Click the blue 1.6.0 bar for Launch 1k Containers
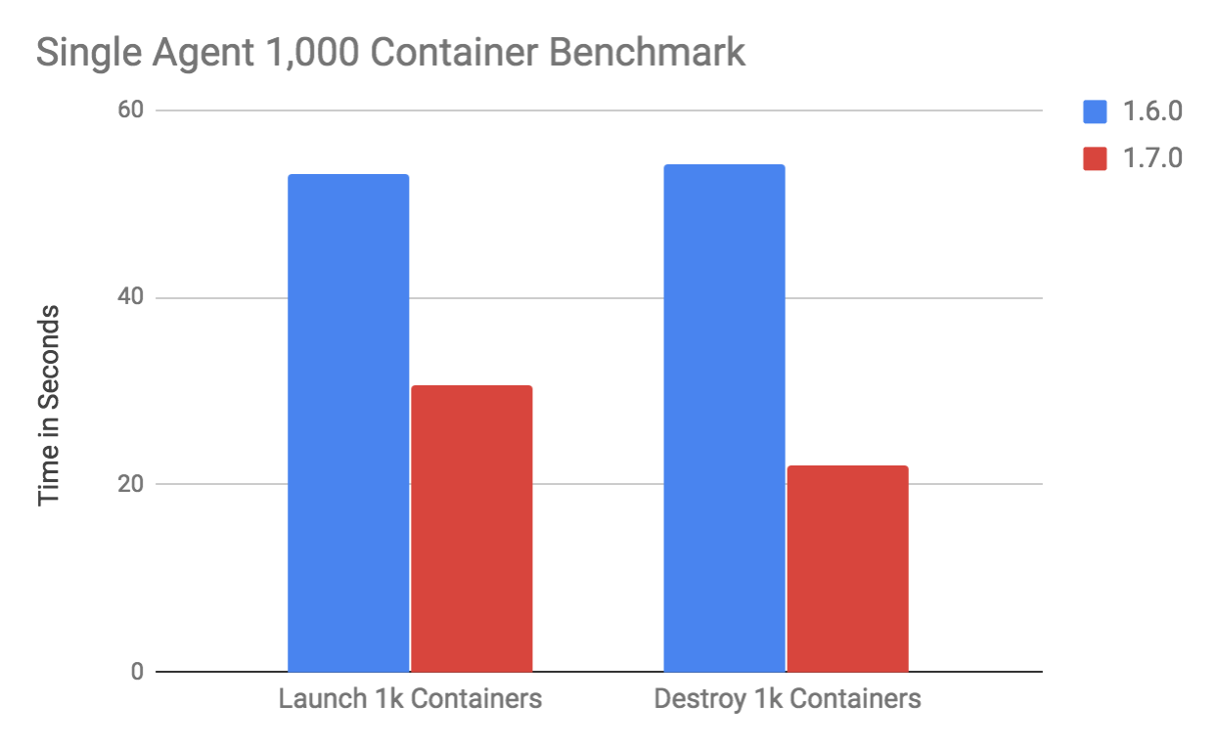pyautogui.click(x=348, y=422)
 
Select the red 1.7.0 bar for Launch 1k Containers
pyautogui.click(x=472, y=528)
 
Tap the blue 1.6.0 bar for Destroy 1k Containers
pyautogui.click(x=724, y=418)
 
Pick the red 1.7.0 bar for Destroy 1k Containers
pyautogui.click(x=847, y=568)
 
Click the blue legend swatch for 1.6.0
pyautogui.click(x=1095, y=111)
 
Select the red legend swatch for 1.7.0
pyautogui.click(x=1095, y=158)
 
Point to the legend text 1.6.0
pyautogui.click(x=1150, y=111)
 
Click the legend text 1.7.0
pyautogui.click(x=1150, y=158)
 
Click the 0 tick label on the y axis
pyautogui.click(x=135, y=672)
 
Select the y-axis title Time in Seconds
pyautogui.click(x=49, y=406)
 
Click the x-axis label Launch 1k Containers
pyautogui.click(x=410, y=700)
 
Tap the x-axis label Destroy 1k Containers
pyautogui.click(x=787, y=700)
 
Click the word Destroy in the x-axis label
pyautogui.click(x=692, y=700)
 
